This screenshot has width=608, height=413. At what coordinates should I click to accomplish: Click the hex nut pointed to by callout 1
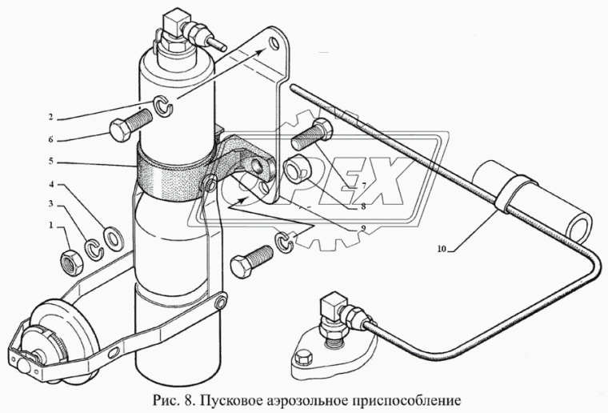(70, 259)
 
